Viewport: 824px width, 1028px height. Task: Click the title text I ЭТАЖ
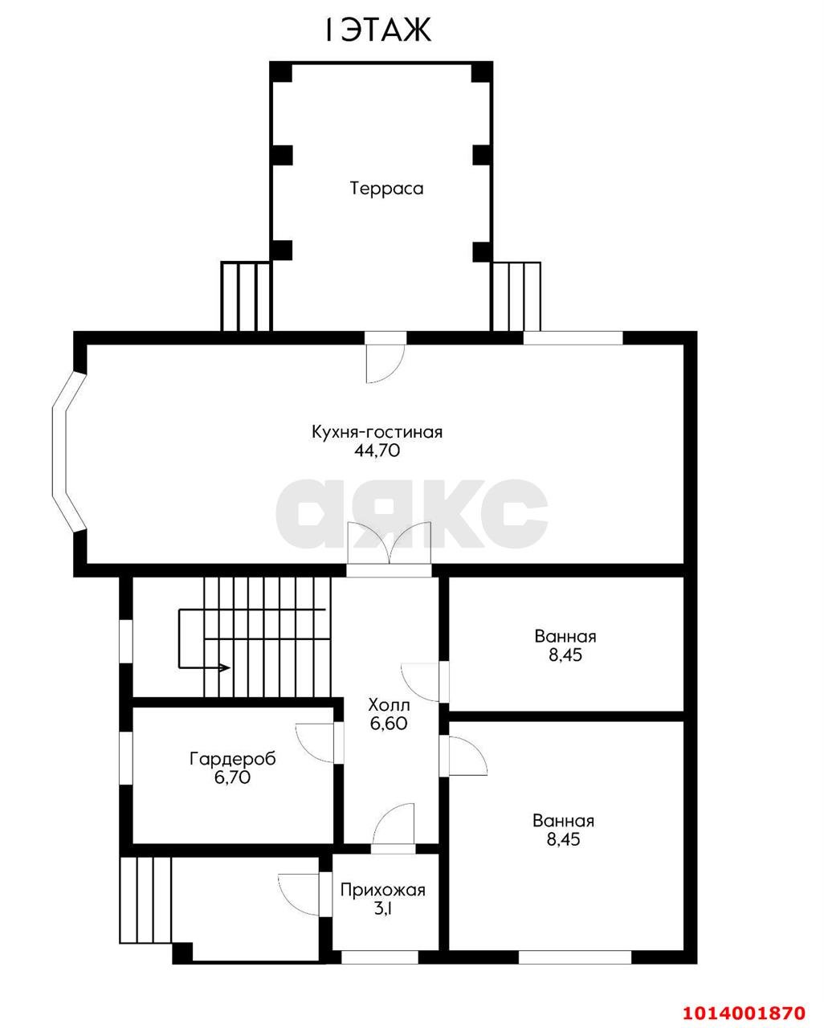(x=378, y=29)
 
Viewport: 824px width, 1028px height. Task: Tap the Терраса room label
(x=386, y=188)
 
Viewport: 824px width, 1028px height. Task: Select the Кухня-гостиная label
(x=377, y=432)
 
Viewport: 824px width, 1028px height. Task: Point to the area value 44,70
(x=377, y=451)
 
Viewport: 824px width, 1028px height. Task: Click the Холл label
(x=389, y=704)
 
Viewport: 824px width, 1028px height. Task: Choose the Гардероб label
(x=233, y=759)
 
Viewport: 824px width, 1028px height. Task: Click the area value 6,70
(x=232, y=777)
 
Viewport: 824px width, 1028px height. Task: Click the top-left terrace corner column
(x=281, y=72)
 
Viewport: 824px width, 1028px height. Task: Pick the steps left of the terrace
(x=246, y=296)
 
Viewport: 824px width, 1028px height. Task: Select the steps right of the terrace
(x=516, y=296)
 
